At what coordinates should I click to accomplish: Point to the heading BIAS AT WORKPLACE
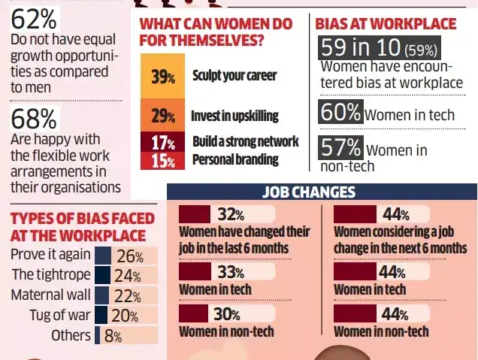point(386,23)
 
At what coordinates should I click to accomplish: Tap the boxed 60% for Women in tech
point(341,113)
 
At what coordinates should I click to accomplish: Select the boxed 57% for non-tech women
point(341,146)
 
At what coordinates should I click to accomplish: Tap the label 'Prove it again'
point(50,255)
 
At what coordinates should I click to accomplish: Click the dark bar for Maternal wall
point(103,295)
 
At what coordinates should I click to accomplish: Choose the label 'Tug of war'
point(60,315)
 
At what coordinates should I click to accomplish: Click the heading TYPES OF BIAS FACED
point(82,219)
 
